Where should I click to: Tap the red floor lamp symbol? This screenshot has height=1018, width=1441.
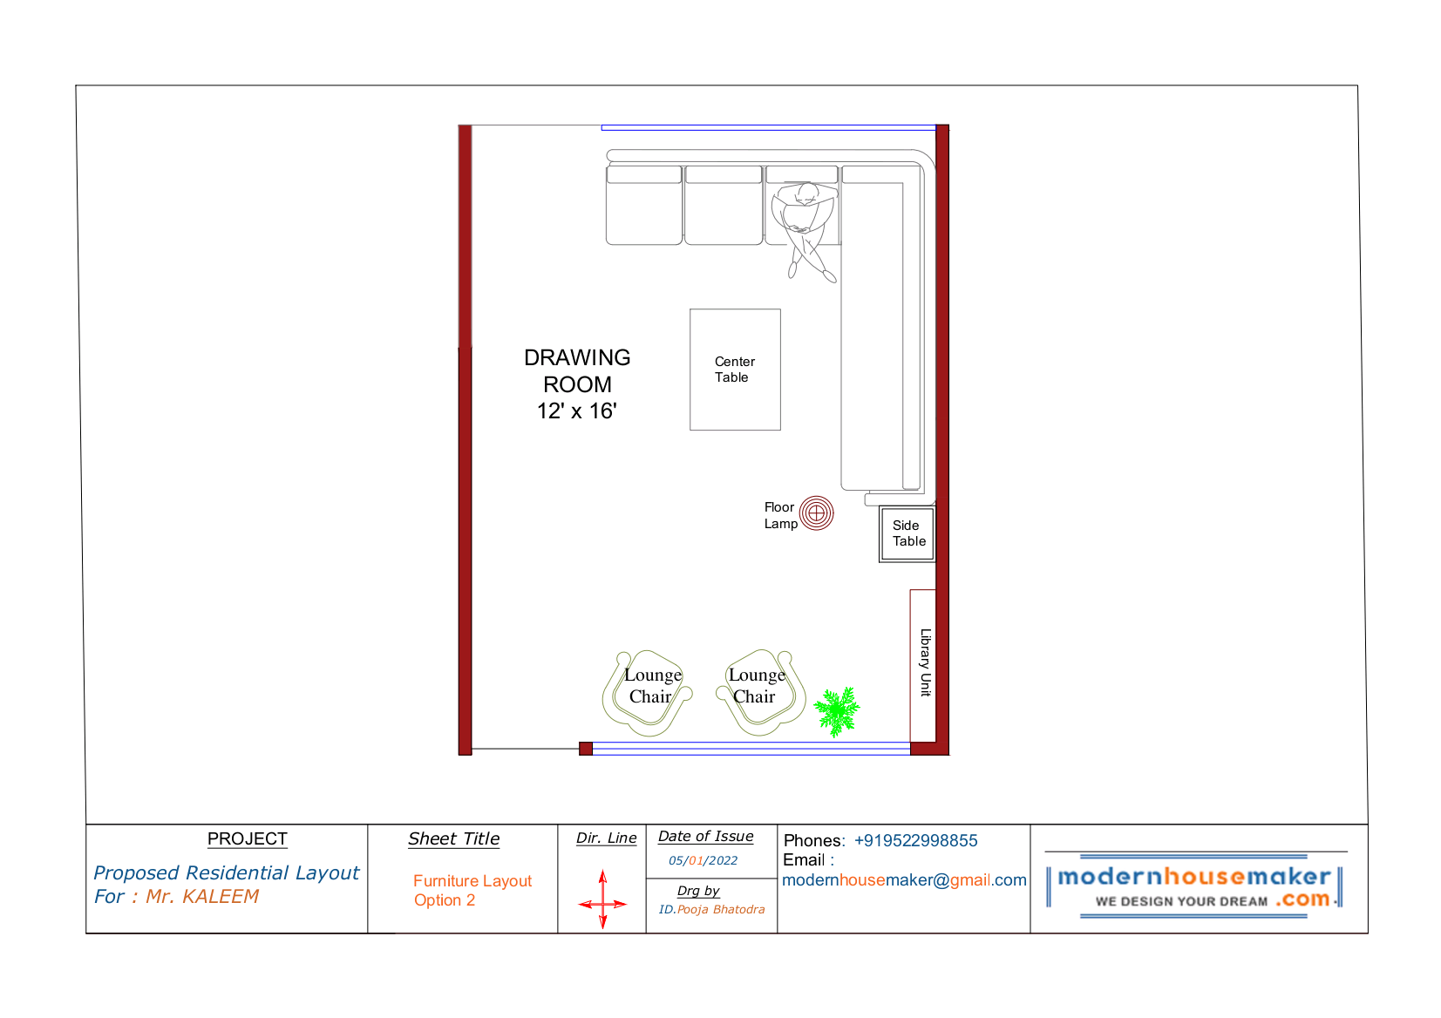pyautogui.click(x=816, y=513)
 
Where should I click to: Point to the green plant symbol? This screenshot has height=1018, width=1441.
pyautogui.click(x=836, y=710)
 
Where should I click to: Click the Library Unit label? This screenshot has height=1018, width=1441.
pyautogui.click(x=925, y=662)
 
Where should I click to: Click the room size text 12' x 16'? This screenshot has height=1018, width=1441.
pyautogui.click(x=577, y=411)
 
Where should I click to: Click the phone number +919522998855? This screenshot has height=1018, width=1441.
pyautogui.click(x=915, y=840)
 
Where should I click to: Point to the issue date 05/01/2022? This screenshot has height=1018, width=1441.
pyautogui.click(x=704, y=860)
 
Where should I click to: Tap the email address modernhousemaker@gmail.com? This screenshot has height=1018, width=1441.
pyautogui.click(x=904, y=879)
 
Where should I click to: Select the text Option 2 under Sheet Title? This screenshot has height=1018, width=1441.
pyautogui.click(x=444, y=900)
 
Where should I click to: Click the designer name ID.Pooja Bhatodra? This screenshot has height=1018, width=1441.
pyautogui.click(x=711, y=909)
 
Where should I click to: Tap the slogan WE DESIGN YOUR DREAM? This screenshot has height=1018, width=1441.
pyautogui.click(x=1181, y=901)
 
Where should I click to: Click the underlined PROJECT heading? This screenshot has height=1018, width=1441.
pyautogui.click(x=247, y=839)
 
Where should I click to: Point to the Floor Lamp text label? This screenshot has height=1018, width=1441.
pyautogui.click(x=780, y=516)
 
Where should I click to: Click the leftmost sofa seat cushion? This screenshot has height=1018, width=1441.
pyautogui.click(x=643, y=206)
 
